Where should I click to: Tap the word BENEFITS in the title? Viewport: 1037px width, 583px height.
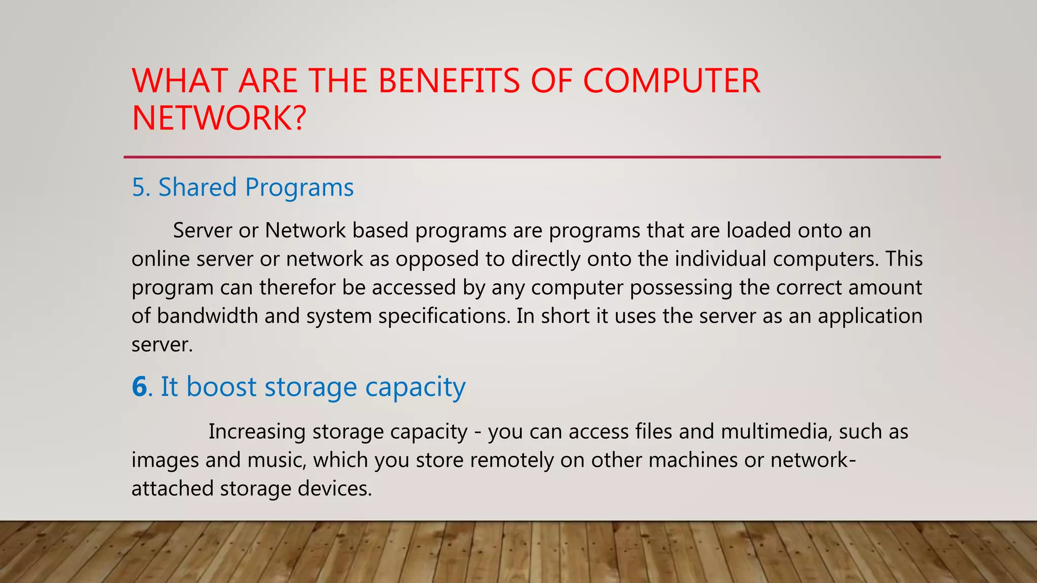click(x=449, y=81)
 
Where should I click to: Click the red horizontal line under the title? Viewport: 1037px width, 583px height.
click(x=532, y=157)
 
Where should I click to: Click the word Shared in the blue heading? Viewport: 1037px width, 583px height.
click(x=197, y=187)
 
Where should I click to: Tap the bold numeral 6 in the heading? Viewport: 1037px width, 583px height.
click(x=139, y=387)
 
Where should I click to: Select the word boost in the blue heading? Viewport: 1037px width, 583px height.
click(x=221, y=387)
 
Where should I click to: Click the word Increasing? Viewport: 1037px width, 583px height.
click(x=257, y=432)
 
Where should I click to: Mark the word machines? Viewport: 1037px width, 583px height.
click(x=693, y=460)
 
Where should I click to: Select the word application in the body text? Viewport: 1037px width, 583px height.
click(x=870, y=316)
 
